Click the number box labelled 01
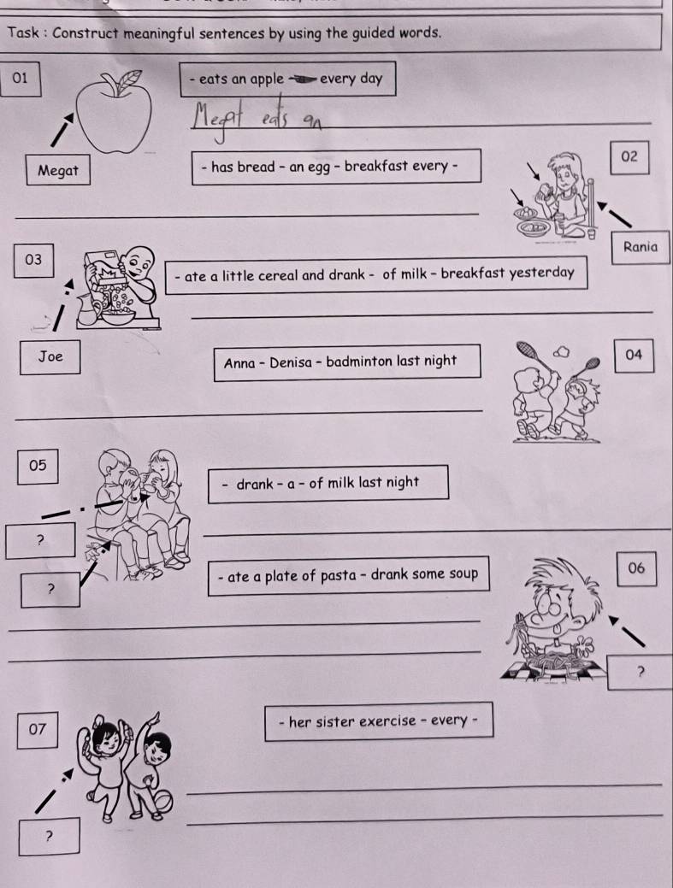[21, 79]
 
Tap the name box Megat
[58, 170]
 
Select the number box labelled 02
[630, 156]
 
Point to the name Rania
[641, 247]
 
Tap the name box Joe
[51, 356]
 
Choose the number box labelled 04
[634, 354]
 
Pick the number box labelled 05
[37, 465]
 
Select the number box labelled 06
[635, 568]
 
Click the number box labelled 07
[36, 729]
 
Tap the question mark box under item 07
[50, 835]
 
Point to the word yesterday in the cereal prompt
[541, 273]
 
